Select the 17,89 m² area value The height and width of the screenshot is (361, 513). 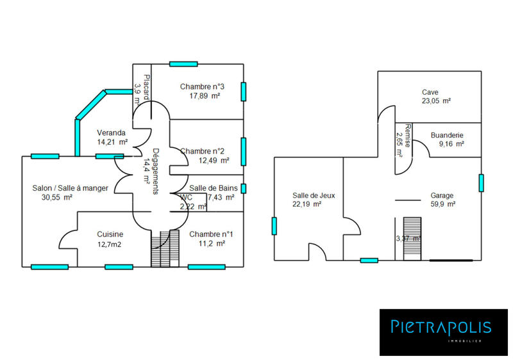point(205,96)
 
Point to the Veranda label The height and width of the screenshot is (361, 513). point(112,133)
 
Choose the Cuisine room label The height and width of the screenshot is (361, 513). point(110,234)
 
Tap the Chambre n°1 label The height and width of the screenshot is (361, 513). point(211,234)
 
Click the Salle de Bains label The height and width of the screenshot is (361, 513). point(214,188)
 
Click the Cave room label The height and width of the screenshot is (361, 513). point(430,92)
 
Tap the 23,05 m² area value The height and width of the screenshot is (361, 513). point(436,101)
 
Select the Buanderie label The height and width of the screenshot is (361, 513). point(447,135)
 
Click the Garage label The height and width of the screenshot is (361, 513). point(442,195)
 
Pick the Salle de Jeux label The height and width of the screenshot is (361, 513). point(314,195)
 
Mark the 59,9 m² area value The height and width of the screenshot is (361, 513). point(442,204)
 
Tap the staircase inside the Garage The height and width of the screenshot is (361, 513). point(411,238)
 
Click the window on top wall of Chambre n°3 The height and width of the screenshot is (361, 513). point(183,63)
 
